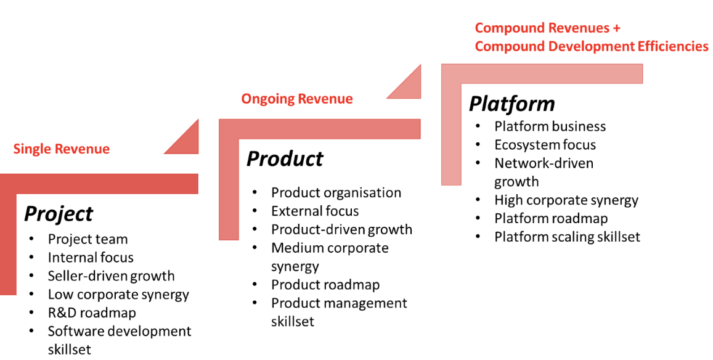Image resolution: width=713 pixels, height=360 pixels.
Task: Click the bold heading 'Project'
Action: pyautogui.click(x=59, y=214)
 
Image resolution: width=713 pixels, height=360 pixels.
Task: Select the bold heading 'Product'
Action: pyautogui.click(x=285, y=159)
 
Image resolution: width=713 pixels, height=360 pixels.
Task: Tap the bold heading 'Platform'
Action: pyautogui.click(x=511, y=104)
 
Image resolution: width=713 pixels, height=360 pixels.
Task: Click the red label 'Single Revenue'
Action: pyautogui.click(x=62, y=149)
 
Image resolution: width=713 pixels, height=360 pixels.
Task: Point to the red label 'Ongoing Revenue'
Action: pyautogui.click(x=297, y=99)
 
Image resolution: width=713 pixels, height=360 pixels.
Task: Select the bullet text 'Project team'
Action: pyautogui.click(x=88, y=239)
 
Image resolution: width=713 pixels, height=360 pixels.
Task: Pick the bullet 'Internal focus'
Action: pyautogui.click(x=91, y=258)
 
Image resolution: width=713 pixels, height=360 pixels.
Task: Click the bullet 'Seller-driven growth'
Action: pyautogui.click(x=111, y=276)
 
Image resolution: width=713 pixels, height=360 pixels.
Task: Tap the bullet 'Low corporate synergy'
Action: pyautogui.click(x=118, y=295)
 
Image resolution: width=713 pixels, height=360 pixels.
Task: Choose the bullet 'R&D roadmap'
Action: pyautogui.click(x=92, y=313)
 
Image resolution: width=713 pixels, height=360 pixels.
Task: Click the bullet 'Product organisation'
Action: pyautogui.click(x=336, y=193)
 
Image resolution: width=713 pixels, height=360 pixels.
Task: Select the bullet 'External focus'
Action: pyautogui.click(x=315, y=211)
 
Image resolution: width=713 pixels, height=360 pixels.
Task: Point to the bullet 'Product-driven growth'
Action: pyautogui.click(x=341, y=230)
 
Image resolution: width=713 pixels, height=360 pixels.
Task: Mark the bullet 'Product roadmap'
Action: pyautogui.click(x=325, y=285)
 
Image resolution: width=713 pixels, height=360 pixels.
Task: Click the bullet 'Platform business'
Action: pyautogui.click(x=550, y=126)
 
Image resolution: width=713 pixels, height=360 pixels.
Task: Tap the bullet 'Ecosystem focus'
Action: pyautogui.click(x=545, y=145)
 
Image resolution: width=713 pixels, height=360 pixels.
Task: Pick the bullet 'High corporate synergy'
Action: pyautogui.click(x=566, y=200)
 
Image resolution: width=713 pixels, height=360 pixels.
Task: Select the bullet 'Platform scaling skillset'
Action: pyautogui.click(x=567, y=237)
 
